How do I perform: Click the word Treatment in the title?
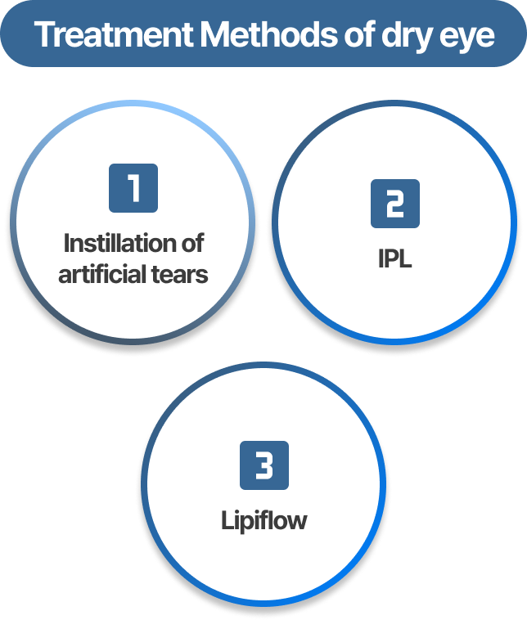[x=115, y=34]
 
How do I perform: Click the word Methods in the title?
[x=268, y=34]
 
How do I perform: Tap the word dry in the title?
[x=406, y=38]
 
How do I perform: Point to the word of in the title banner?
[x=359, y=34]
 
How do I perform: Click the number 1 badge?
[x=133, y=188]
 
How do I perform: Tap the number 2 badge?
[x=395, y=204]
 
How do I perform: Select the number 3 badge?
[x=264, y=465]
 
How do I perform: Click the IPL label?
[x=395, y=258]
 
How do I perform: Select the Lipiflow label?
[x=263, y=521]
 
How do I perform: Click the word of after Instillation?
[x=192, y=243]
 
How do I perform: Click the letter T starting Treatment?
[x=45, y=35]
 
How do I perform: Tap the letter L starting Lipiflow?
[x=227, y=520]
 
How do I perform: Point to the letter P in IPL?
[x=392, y=258]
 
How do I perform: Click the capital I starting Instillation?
[x=66, y=243]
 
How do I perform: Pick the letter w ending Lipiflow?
[x=297, y=523]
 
